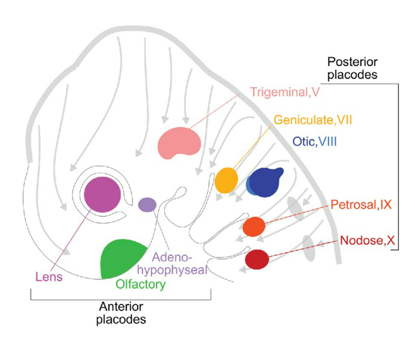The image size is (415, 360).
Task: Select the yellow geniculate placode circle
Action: click(x=226, y=180)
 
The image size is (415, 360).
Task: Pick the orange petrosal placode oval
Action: click(x=254, y=227)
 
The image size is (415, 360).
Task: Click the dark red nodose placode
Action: click(x=257, y=259)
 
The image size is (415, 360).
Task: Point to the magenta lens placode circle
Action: click(x=103, y=195)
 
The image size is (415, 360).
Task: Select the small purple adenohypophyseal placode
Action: click(x=147, y=204)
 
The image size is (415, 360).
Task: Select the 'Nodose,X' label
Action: click(x=368, y=241)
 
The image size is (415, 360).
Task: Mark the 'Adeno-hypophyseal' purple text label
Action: click(x=179, y=264)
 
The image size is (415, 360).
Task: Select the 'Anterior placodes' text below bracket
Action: click(x=121, y=313)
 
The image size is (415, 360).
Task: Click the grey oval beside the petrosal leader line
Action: click(x=294, y=207)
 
